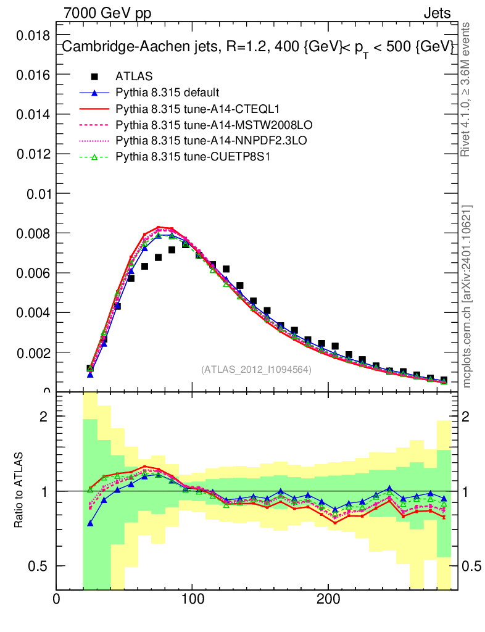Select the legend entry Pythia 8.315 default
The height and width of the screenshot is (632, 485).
coord(167,93)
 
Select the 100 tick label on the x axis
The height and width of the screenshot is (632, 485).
coord(192,599)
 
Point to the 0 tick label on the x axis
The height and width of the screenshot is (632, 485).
coord(57,599)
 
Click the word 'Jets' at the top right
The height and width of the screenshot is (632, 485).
coord(436,12)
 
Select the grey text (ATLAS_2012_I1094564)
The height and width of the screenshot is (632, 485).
coord(256,370)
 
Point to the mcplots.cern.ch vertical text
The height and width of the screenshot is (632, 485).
coord(467,296)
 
